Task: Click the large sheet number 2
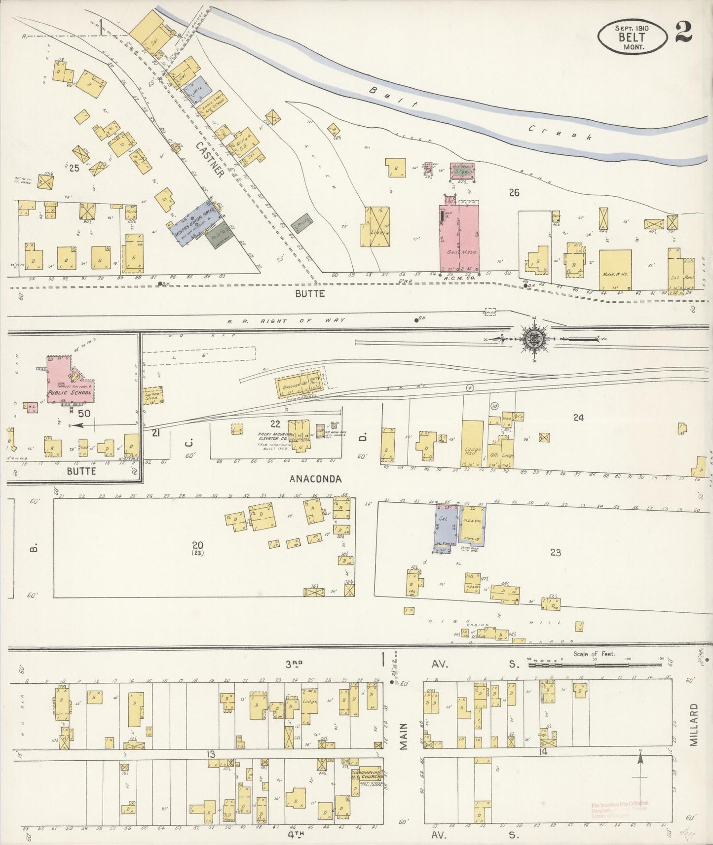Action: click(x=684, y=33)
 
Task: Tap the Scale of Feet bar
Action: click(x=595, y=665)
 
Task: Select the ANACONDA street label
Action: click(x=315, y=479)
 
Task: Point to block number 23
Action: click(x=555, y=553)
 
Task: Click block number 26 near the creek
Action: click(x=514, y=193)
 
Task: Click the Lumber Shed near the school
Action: click(x=152, y=395)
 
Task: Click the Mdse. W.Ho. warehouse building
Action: click(x=615, y=270)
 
